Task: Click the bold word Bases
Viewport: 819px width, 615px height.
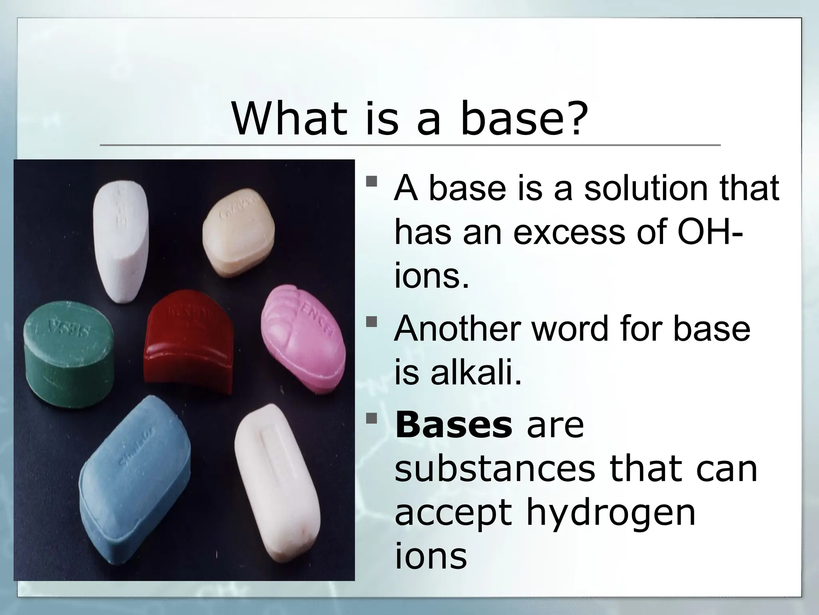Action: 453,426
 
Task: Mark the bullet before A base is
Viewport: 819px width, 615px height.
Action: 372,182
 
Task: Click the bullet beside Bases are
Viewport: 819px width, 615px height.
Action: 372,419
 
